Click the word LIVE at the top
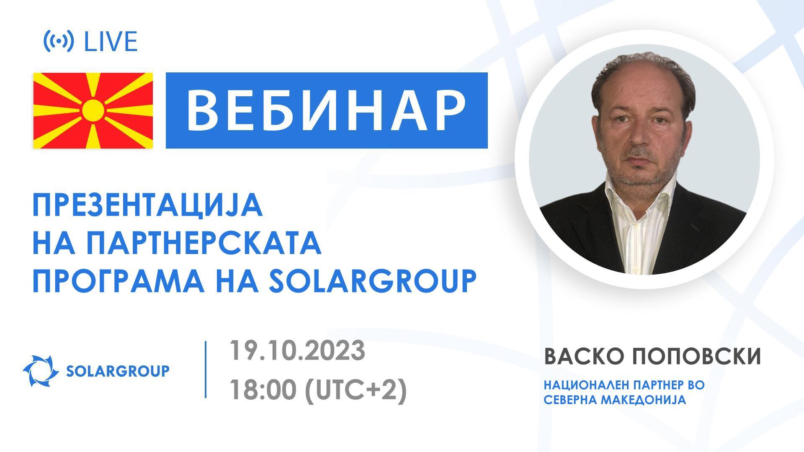111,42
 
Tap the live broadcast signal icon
59,41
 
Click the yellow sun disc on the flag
93,110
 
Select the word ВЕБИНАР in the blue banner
326,110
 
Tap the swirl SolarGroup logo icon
41,370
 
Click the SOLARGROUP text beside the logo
118,371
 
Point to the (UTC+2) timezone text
356,391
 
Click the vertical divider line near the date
206,369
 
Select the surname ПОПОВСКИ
696,357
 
